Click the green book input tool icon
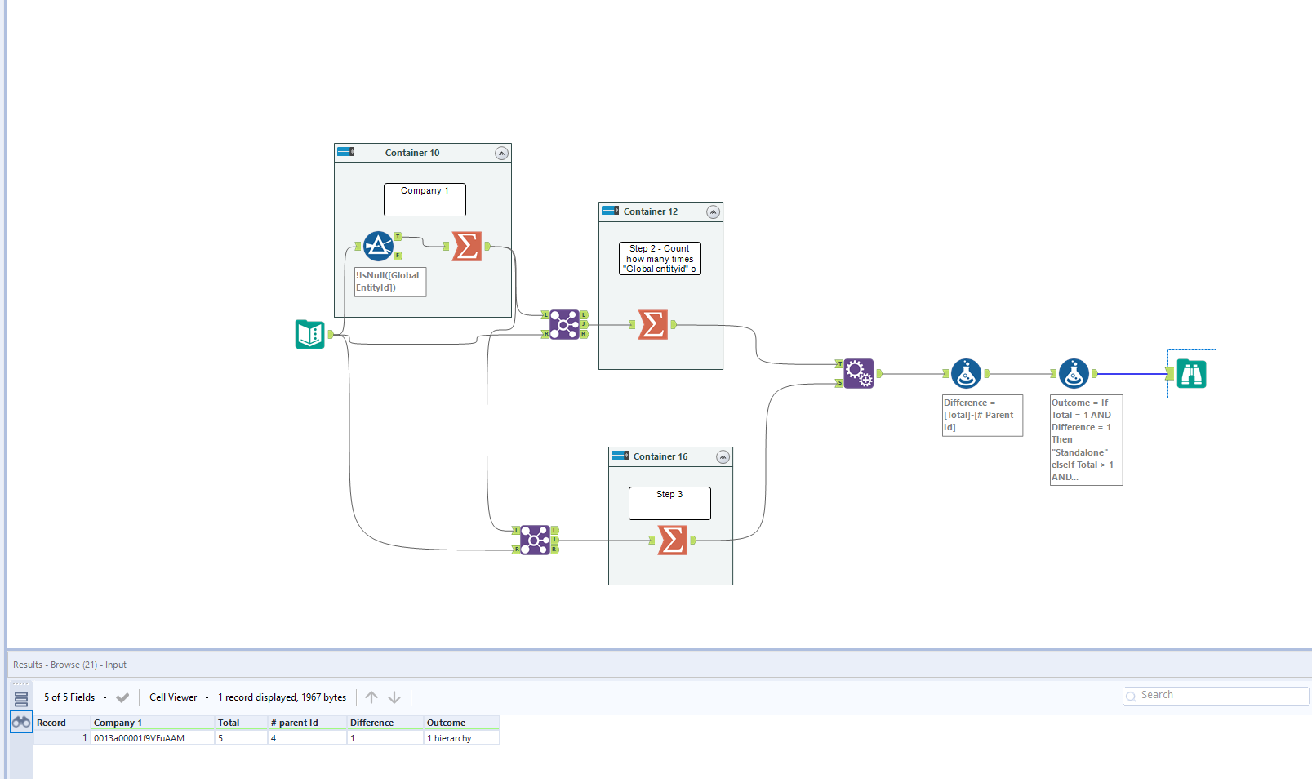click(x=310, y=334)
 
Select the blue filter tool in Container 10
click(x=378, y=246)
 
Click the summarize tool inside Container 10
click(x=467, y=246)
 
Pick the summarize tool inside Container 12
click(x=653, y=324)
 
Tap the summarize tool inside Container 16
click(x=673, y=540)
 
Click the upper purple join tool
click(x=564, y=324)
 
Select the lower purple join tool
click(x=535, y=540)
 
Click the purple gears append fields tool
click(x=859, y=373)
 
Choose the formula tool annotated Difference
click(x=966, y=373)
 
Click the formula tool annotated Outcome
click(x=1074, y=373)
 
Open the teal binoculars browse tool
click(x=1192, y=374)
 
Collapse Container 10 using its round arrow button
click(x=501, y=153)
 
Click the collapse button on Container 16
click(x=723, y=456)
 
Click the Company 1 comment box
click(x=425, y=199)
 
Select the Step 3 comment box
click(x=669, y=503)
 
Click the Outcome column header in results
click(x=447, y=723)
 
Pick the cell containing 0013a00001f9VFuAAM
click(x=139, y=738)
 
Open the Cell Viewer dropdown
click(x=179, y=697)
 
